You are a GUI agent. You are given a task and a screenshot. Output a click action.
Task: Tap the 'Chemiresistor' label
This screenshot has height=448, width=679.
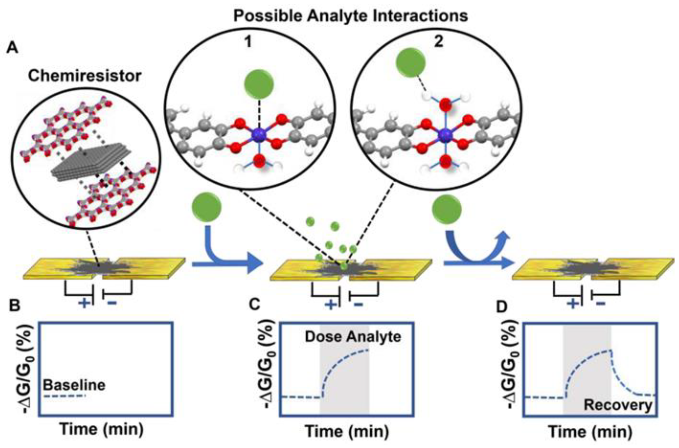point(85,76)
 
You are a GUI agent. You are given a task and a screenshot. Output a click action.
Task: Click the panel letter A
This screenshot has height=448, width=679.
point(12,47)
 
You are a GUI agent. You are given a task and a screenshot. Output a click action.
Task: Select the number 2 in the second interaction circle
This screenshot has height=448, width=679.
point(438,42)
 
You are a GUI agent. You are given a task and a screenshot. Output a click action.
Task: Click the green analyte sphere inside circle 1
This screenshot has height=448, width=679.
point(259,84)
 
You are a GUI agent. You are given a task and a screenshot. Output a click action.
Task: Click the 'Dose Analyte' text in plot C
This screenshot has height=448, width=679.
point(353,337)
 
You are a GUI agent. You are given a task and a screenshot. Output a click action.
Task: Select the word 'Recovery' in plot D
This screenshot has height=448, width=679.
point(618,405)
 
